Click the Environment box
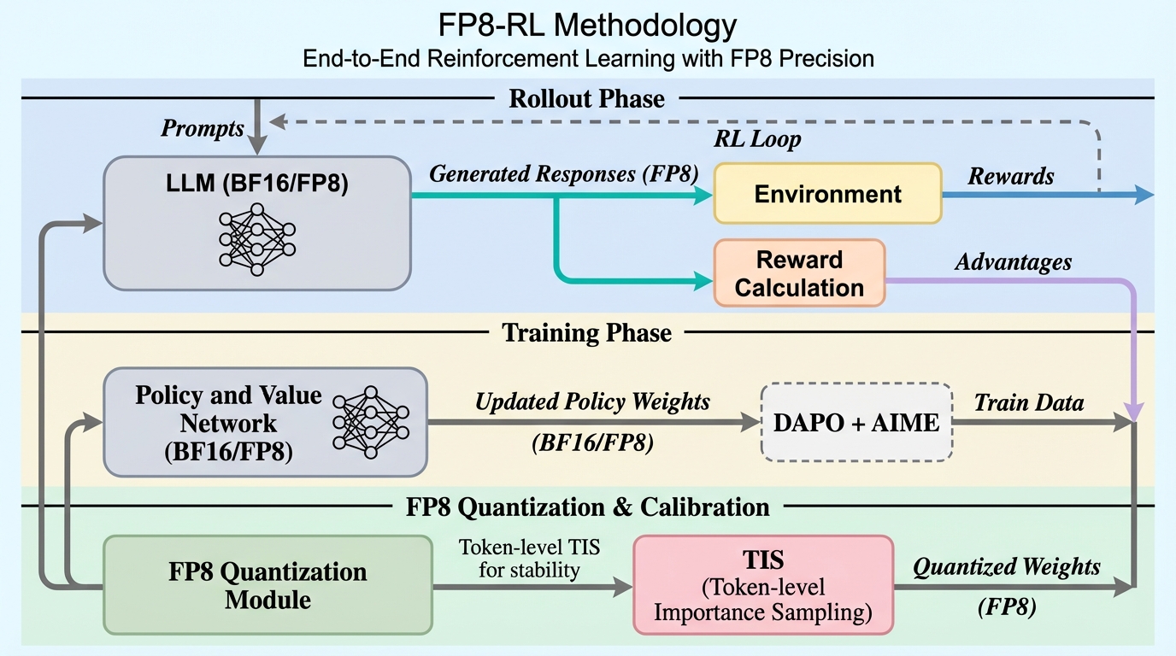tap(827, 194)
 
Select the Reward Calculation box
tap(798, 273)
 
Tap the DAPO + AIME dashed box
tap(856, 422)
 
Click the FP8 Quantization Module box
tap(268, 585)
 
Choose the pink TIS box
tap(762, 584)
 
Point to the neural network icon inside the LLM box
tap(256, 239)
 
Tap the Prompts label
tap(202, 129)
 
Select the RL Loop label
tap(757, 139)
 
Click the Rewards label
tap(1010, 177)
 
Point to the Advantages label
tap(1013, 262)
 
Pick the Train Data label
tap(1029, 402)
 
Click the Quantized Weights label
tap(1007, 566)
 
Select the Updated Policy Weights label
tap(592, 401)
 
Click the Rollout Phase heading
tap(586, 99)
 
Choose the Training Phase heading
tap(586, 332)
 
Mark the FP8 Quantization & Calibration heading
tap(587, 507)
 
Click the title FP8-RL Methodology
tap(587, 26)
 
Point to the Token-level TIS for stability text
tap(529, 558)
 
